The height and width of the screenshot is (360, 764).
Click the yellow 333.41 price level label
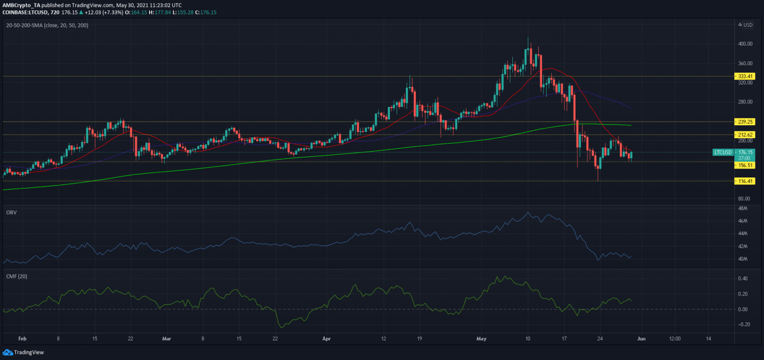pyautogui.click(x=745, y=77)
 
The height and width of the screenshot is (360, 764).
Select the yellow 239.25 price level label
pyautogui.click(x=745, y=122)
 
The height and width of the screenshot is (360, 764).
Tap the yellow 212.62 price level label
pyautogui.click(x=745, y=135)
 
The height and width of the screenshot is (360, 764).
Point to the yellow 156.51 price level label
pyautogui.click(x=745, y=166)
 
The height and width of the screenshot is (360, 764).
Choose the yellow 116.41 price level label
pyautogui.click(x=745, y=181)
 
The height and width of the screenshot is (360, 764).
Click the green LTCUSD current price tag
pyautogui.click(x=734, y=155)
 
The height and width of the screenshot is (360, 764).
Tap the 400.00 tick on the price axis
pyautogui.click(x=745, y=44)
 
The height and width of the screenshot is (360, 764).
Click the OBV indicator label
pyautogui.click(x=11, y=212)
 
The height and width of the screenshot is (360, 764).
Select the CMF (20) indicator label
pyautogui.click(x=17, y=276)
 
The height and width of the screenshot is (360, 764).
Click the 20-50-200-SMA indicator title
pyautogui.click(x=47, y=25)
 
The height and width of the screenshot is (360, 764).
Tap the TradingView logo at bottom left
pyautogui.click(x=23, y=352)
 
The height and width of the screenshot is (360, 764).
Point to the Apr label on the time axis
pyautogui.click(x=327, y=339)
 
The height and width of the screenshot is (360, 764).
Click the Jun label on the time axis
pyautogui.click(x=641, y=339)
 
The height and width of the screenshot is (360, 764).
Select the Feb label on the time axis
pyautogui.click(x=22, y=339)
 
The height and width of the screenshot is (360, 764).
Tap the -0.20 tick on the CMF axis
pyautogui.click(x=742, y=324)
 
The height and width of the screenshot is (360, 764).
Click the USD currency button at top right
pyautogui.click(x=748, y=25)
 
